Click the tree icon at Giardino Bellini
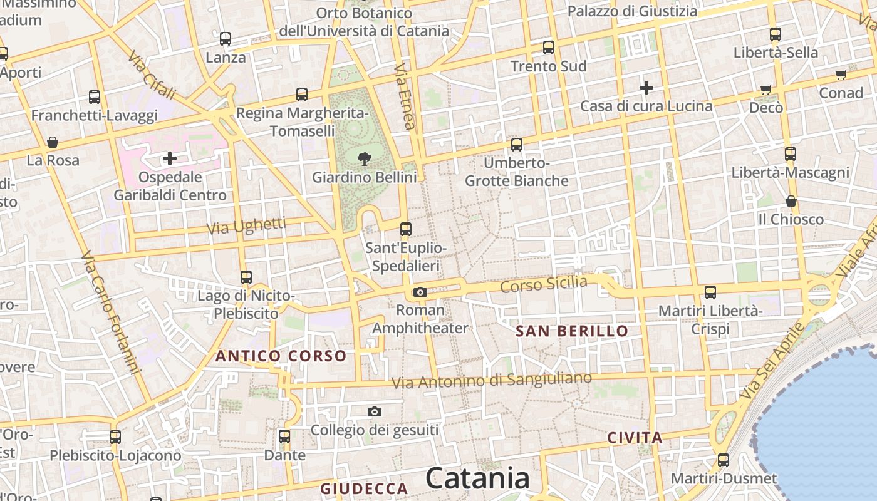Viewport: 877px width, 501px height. (363, 159)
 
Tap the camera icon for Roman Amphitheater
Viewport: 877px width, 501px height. (420, 292)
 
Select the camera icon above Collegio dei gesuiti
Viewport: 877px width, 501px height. (375, 411)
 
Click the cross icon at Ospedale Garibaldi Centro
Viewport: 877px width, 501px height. (169, 158)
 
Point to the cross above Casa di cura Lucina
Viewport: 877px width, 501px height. (646, 88)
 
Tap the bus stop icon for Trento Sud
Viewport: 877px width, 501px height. (549, 47)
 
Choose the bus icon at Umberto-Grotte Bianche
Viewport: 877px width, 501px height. (517, 145)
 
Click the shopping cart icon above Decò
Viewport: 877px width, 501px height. (765, 90)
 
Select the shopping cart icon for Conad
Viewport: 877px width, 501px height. (841, 75)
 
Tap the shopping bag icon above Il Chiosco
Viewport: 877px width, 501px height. (791, 201)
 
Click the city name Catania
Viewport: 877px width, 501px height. (478, 479)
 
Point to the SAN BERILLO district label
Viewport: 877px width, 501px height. (572, 331)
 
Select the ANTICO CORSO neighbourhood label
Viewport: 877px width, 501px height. (281, 356)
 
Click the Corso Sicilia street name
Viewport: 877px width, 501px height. (544, 284)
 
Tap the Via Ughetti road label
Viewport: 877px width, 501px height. (246, 225)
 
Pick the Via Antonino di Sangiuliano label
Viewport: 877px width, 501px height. (491, 380)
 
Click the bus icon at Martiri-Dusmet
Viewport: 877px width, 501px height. (724, 460)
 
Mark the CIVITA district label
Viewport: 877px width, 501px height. (635, 438)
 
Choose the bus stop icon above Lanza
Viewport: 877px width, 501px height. (226, 39)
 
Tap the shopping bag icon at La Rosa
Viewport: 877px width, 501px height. (53, 142)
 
